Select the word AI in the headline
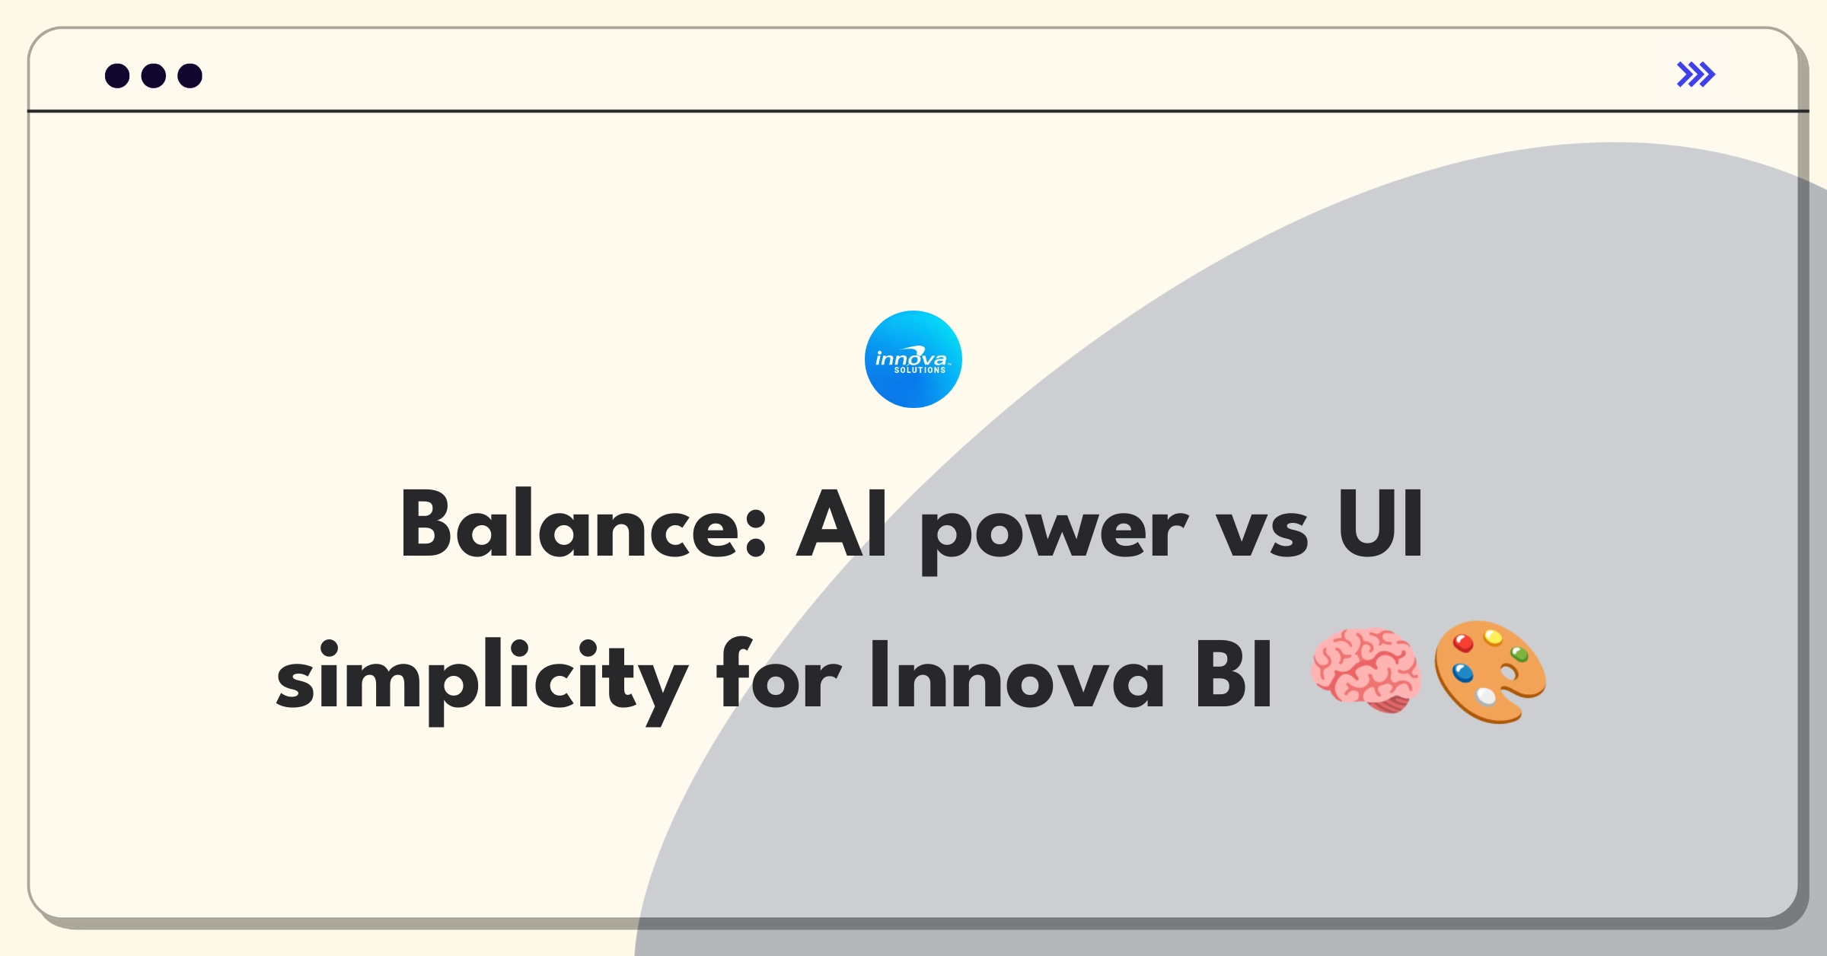(842, 524)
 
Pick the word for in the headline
(779, 674)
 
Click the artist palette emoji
(1490, 671)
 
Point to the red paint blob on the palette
(1463, 644)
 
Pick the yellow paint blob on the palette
(1494, 636)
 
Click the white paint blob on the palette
(1486, 696)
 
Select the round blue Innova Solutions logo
(913, 359)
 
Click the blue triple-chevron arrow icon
(1696, 75)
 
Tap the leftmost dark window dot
(117, 76)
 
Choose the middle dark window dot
(154, 76)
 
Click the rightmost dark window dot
(190, 76)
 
